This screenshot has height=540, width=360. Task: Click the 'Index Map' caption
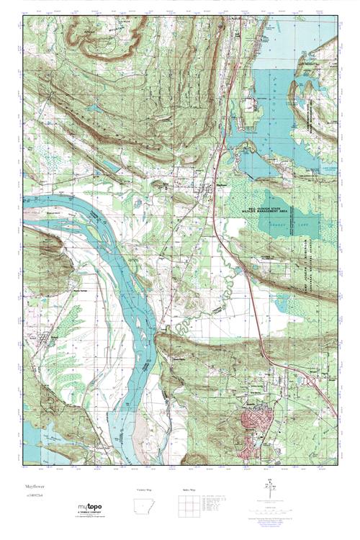(189, 489)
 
